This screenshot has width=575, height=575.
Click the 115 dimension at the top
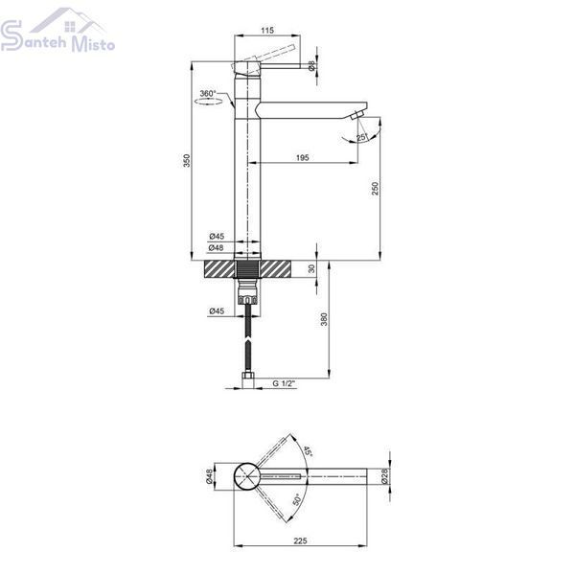(267, 30)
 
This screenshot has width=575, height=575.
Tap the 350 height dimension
(187, 161)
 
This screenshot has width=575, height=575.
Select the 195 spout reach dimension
(302, 158)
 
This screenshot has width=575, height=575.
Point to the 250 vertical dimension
(375, 188)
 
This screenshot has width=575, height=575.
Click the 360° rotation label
(208, 94)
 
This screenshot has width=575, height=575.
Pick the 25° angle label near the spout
(362, 137)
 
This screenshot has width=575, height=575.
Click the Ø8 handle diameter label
(311, 66)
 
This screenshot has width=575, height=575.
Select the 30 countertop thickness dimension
(311, 268)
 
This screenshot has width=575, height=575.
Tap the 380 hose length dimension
(324, 319)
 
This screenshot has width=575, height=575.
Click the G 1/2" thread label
(284, 383)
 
